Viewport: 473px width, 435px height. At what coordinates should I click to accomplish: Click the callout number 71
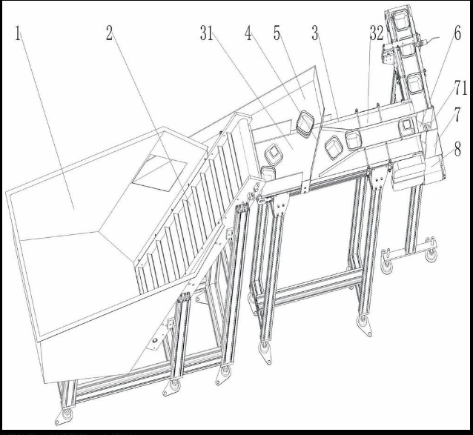[460, 88]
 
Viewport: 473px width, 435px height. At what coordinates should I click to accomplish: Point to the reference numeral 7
[457, 115]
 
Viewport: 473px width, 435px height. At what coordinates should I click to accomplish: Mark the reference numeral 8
[457, 149]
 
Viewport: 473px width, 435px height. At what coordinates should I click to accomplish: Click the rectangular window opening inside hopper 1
[159, 173]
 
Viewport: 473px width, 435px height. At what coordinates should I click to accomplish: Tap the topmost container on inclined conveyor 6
[402, 19]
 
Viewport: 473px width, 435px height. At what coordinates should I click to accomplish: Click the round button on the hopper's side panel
[155, 341]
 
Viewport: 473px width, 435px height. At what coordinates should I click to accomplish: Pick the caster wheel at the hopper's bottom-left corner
[67, 414]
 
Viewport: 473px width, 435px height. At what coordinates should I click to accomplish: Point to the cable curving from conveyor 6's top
[431, 40]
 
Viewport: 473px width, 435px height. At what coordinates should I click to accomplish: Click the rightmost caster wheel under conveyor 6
[431, 256]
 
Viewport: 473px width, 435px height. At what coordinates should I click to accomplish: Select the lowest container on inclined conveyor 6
[414, 83]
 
